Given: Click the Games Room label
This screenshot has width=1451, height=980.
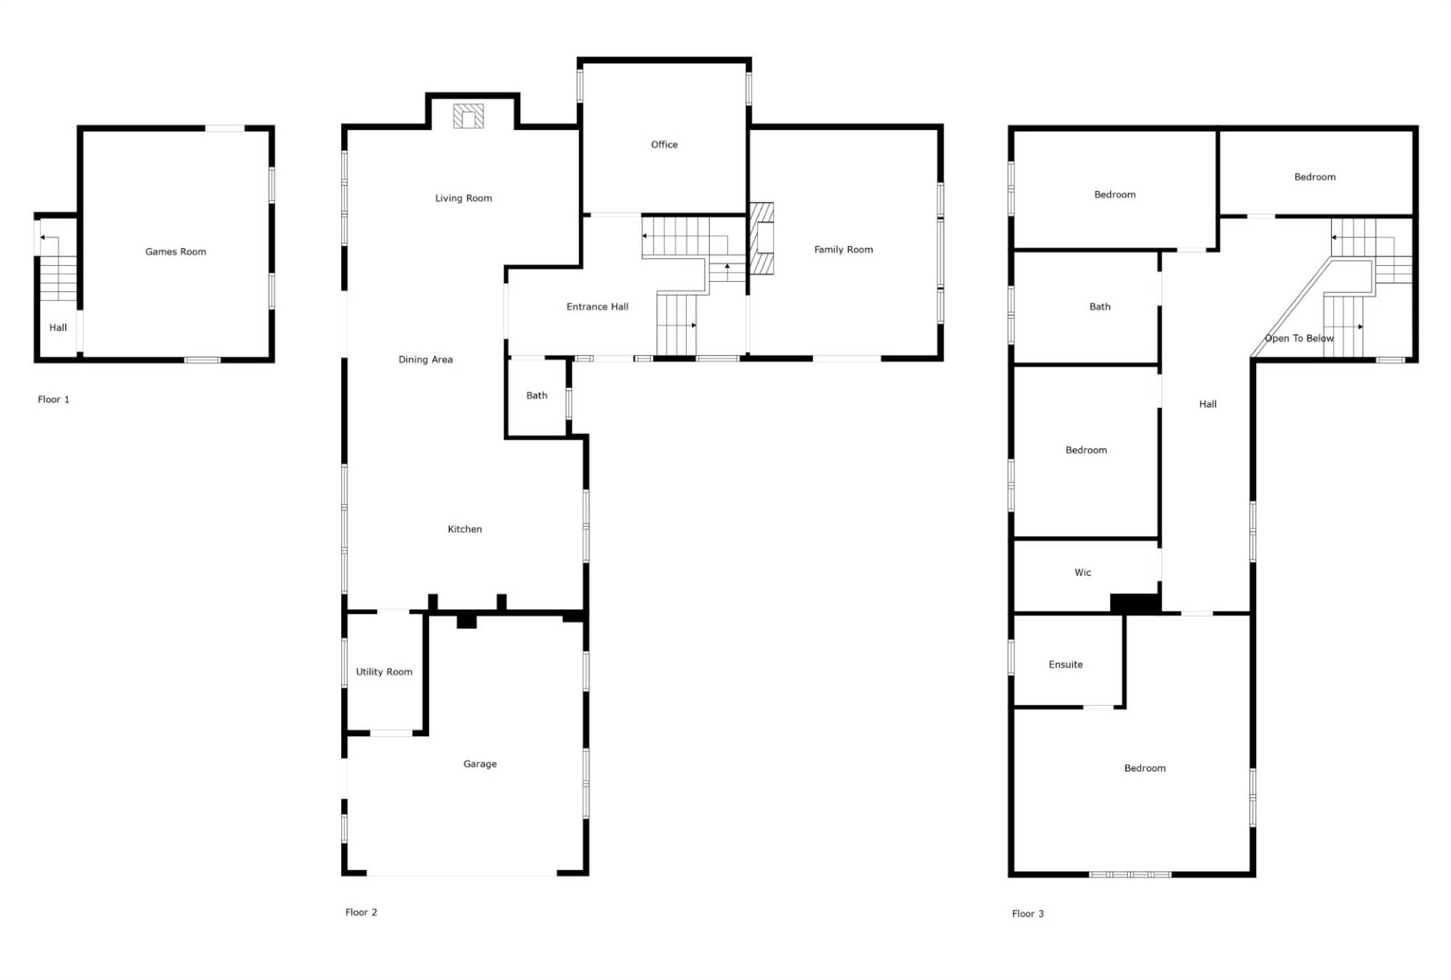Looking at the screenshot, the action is (176, 252).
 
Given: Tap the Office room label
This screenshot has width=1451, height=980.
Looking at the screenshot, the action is (664, 144).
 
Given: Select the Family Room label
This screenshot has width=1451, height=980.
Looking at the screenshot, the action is (843, 250).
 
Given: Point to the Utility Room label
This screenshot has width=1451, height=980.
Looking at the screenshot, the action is (384, 672).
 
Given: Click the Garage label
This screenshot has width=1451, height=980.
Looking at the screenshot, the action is (480, 764).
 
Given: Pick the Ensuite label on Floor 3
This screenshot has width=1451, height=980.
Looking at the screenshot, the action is (1065, 664).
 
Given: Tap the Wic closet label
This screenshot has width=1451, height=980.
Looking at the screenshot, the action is (1082, 572).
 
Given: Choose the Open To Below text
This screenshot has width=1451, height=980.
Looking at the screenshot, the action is (1299, 338).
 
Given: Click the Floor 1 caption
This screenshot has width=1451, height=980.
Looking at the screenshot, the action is (54, 400).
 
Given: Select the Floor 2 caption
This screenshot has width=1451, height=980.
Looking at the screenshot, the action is (361, 913).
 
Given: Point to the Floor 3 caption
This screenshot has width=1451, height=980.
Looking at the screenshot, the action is (1027, 914).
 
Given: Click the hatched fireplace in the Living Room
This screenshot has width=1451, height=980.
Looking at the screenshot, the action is (469, 116).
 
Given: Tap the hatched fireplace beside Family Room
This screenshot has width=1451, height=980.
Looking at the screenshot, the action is (761, 238).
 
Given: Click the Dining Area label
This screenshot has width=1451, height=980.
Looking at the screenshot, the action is (425, 360).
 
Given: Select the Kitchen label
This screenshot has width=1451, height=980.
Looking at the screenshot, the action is (464, 530).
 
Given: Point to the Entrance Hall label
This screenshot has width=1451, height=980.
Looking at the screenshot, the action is (597, 307).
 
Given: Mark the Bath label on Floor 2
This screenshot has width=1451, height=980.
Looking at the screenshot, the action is (536, 395).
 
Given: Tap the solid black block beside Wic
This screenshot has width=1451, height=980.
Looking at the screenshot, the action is (1135, 604).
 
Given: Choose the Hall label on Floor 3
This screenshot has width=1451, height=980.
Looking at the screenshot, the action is (1207, 404).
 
